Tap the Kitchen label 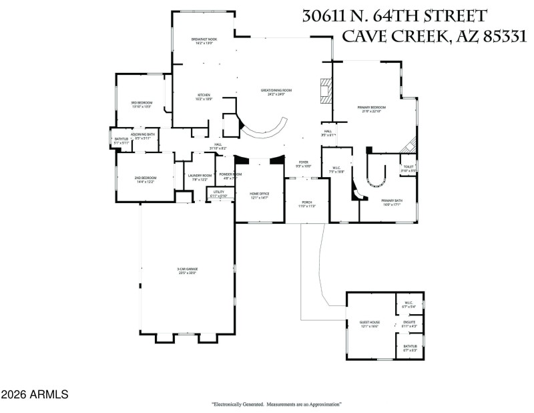click(204, 96)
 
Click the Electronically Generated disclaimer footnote click(277, 404)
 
